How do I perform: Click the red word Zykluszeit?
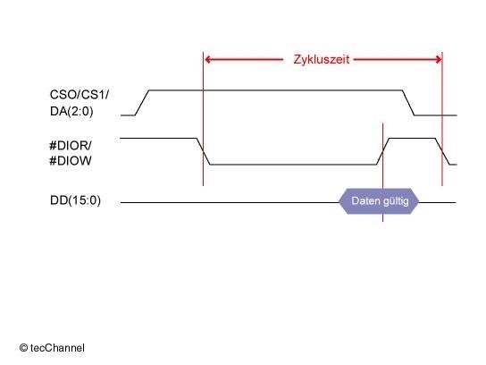322,60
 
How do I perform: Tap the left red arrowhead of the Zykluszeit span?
208,60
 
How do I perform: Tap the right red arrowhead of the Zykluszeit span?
439,60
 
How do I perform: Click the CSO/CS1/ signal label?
80,95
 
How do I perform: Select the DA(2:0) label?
71,111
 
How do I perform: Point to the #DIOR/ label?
71,145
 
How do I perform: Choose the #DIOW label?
71,161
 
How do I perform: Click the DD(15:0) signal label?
75,200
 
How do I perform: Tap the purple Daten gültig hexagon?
379,201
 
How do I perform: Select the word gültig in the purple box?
396,201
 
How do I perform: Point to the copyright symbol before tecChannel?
23,348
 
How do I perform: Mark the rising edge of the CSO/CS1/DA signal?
142,103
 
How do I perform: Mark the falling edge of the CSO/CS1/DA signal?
408,103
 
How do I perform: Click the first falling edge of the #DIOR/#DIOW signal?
204,151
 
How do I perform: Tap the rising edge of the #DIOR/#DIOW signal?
383,151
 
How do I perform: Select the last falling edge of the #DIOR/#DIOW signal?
442,151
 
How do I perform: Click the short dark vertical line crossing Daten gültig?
382,173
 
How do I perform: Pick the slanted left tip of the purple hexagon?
339,202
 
